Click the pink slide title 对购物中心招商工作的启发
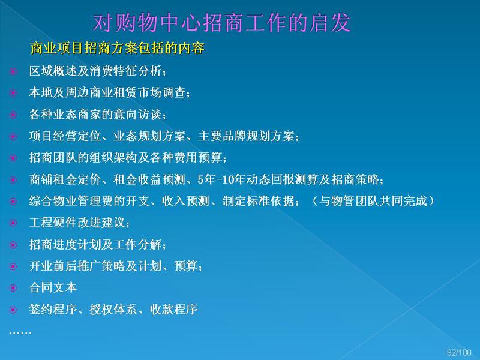pos(221,23)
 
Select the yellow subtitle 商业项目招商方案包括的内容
pos(117,49)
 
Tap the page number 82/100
pos(459,352)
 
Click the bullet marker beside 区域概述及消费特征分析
pos(13,71)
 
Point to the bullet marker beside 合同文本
pos(13,288)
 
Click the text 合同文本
pos(53,287)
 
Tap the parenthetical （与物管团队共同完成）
pos(372,201)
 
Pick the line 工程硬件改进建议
pos(79,223)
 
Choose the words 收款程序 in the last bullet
pos(173,309)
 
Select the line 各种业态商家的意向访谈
pos(97,115)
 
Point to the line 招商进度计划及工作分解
pos(97,244)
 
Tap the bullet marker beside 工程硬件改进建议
pos(13,223)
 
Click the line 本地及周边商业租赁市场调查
pos(109,92)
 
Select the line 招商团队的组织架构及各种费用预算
pos(128,158)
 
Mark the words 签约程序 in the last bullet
pos(53,309)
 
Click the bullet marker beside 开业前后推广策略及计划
pos(13,266)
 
